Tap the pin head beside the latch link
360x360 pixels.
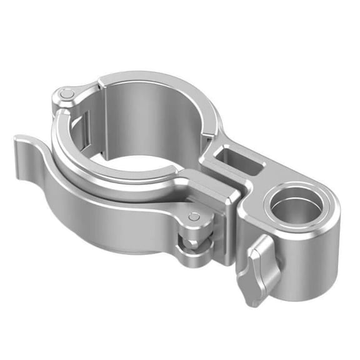coord(194,217)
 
